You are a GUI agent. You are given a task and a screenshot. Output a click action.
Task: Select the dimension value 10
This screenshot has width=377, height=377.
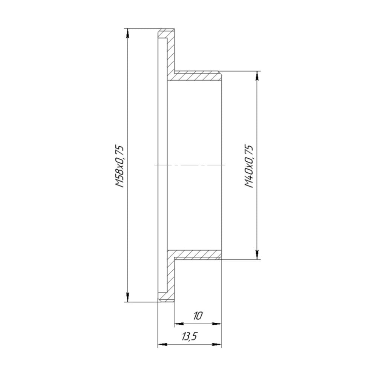198,316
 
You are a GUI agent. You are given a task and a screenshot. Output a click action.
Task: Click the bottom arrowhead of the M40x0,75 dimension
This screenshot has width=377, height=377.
257,255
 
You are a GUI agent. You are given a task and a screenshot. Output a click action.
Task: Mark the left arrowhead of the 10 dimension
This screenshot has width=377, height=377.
178,323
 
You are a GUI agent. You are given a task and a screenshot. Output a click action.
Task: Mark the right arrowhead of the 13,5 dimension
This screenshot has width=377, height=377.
217,344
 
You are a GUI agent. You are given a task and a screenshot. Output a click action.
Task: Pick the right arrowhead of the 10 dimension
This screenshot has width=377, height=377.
216,323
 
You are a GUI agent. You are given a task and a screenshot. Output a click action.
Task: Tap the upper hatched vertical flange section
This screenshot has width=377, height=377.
170,57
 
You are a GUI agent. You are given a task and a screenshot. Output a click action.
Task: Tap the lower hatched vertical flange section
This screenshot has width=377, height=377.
170,275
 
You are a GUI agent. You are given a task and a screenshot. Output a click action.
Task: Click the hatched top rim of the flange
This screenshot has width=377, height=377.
166,34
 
